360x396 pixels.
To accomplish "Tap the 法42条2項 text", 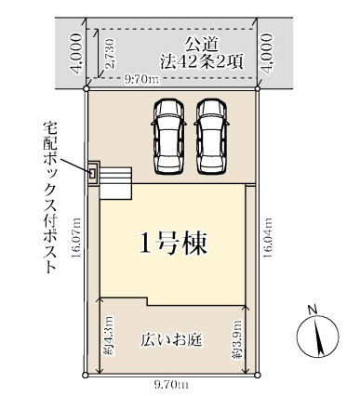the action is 201,62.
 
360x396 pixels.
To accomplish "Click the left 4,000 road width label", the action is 76,52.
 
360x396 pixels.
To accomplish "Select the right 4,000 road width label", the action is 268,52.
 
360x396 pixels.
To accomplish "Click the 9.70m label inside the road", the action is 141,80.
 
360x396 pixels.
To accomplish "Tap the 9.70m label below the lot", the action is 171,385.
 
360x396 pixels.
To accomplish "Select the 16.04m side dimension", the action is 268,238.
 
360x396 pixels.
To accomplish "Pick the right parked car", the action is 212,137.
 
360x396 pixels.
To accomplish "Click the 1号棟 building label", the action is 173,243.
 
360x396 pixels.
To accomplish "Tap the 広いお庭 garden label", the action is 171,340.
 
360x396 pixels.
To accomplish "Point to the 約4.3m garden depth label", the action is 110,336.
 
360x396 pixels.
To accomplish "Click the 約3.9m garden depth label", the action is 236,339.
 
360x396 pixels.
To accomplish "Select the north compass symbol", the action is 318,337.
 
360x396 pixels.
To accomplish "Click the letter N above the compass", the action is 313,310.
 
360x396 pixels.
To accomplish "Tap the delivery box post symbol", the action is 93,173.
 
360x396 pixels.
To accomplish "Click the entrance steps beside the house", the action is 116,183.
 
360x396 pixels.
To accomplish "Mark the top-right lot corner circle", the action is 258,89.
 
